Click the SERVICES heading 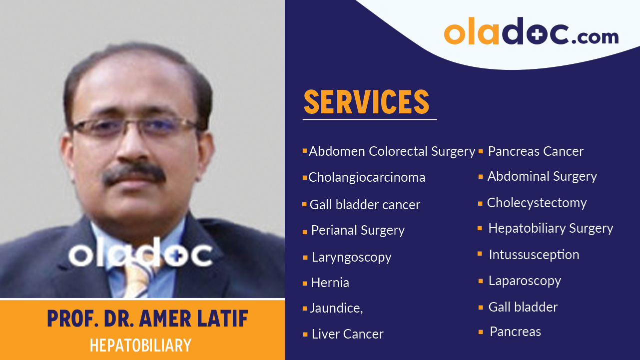[366, 102]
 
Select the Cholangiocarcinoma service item [367, 177]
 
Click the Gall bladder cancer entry [365, 205]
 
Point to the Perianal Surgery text [358, 230]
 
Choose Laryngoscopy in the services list [351, 257]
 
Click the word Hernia [330, 283]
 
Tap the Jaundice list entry [336, 308]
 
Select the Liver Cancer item [347, 334]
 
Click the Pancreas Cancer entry [535, 151]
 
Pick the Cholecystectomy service [537, 203]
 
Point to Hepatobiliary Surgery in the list [551, 228]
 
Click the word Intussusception [534, 255]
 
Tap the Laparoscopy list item [525, 281]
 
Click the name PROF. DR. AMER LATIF [147, 319]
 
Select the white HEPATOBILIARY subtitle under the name [140, 346]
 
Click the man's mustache [134, 173]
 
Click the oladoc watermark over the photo [140, 254]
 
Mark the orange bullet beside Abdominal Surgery [481, 177]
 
